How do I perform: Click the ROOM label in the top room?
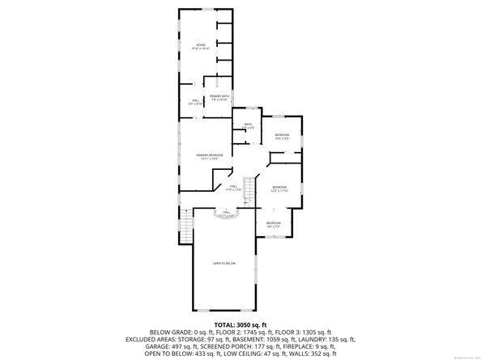click(x=200, y=46)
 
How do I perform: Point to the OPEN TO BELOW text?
click(x=224, y=264)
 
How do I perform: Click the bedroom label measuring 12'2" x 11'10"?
click(x=279, y=188)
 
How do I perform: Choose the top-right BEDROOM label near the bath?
click(x=282, y=136)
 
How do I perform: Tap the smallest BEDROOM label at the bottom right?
click(x=274, y=225)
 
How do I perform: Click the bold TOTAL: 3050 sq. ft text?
click(x=240, y=324)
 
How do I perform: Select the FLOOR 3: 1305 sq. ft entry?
click(x=306, y=330)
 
